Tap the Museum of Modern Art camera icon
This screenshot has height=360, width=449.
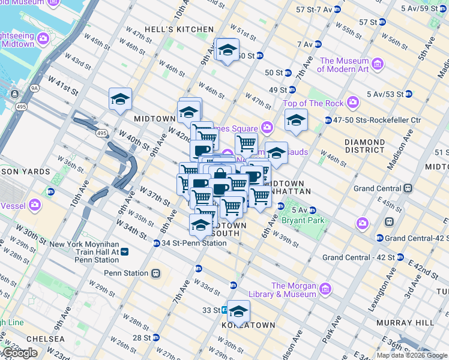click(x=378, y=63)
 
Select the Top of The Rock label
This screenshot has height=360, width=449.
click(x=313, y=103)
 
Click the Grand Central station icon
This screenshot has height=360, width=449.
click(x=408, y=188)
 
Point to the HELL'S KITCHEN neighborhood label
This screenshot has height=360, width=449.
click(x=187, y=29)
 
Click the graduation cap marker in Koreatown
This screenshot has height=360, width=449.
click(x=238, y=311)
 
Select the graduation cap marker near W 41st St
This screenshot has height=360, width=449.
click(x=120, y=98)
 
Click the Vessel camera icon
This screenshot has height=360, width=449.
click(x=34, y=205)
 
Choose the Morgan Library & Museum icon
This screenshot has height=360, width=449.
click(x=325, y=290)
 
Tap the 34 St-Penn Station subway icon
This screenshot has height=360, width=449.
click(x=156, y=243)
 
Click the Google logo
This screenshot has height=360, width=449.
click(x=20, y=352)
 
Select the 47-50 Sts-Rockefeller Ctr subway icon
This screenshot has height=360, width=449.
click(x=328, y=120)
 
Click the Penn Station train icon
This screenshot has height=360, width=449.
click(x=155, y=273)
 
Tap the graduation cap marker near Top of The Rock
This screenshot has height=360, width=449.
click(x=295, y=120)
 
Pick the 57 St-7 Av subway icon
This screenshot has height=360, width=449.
click(x=337, y=10)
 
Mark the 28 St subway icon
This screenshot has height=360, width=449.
click(x=156, y=338)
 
